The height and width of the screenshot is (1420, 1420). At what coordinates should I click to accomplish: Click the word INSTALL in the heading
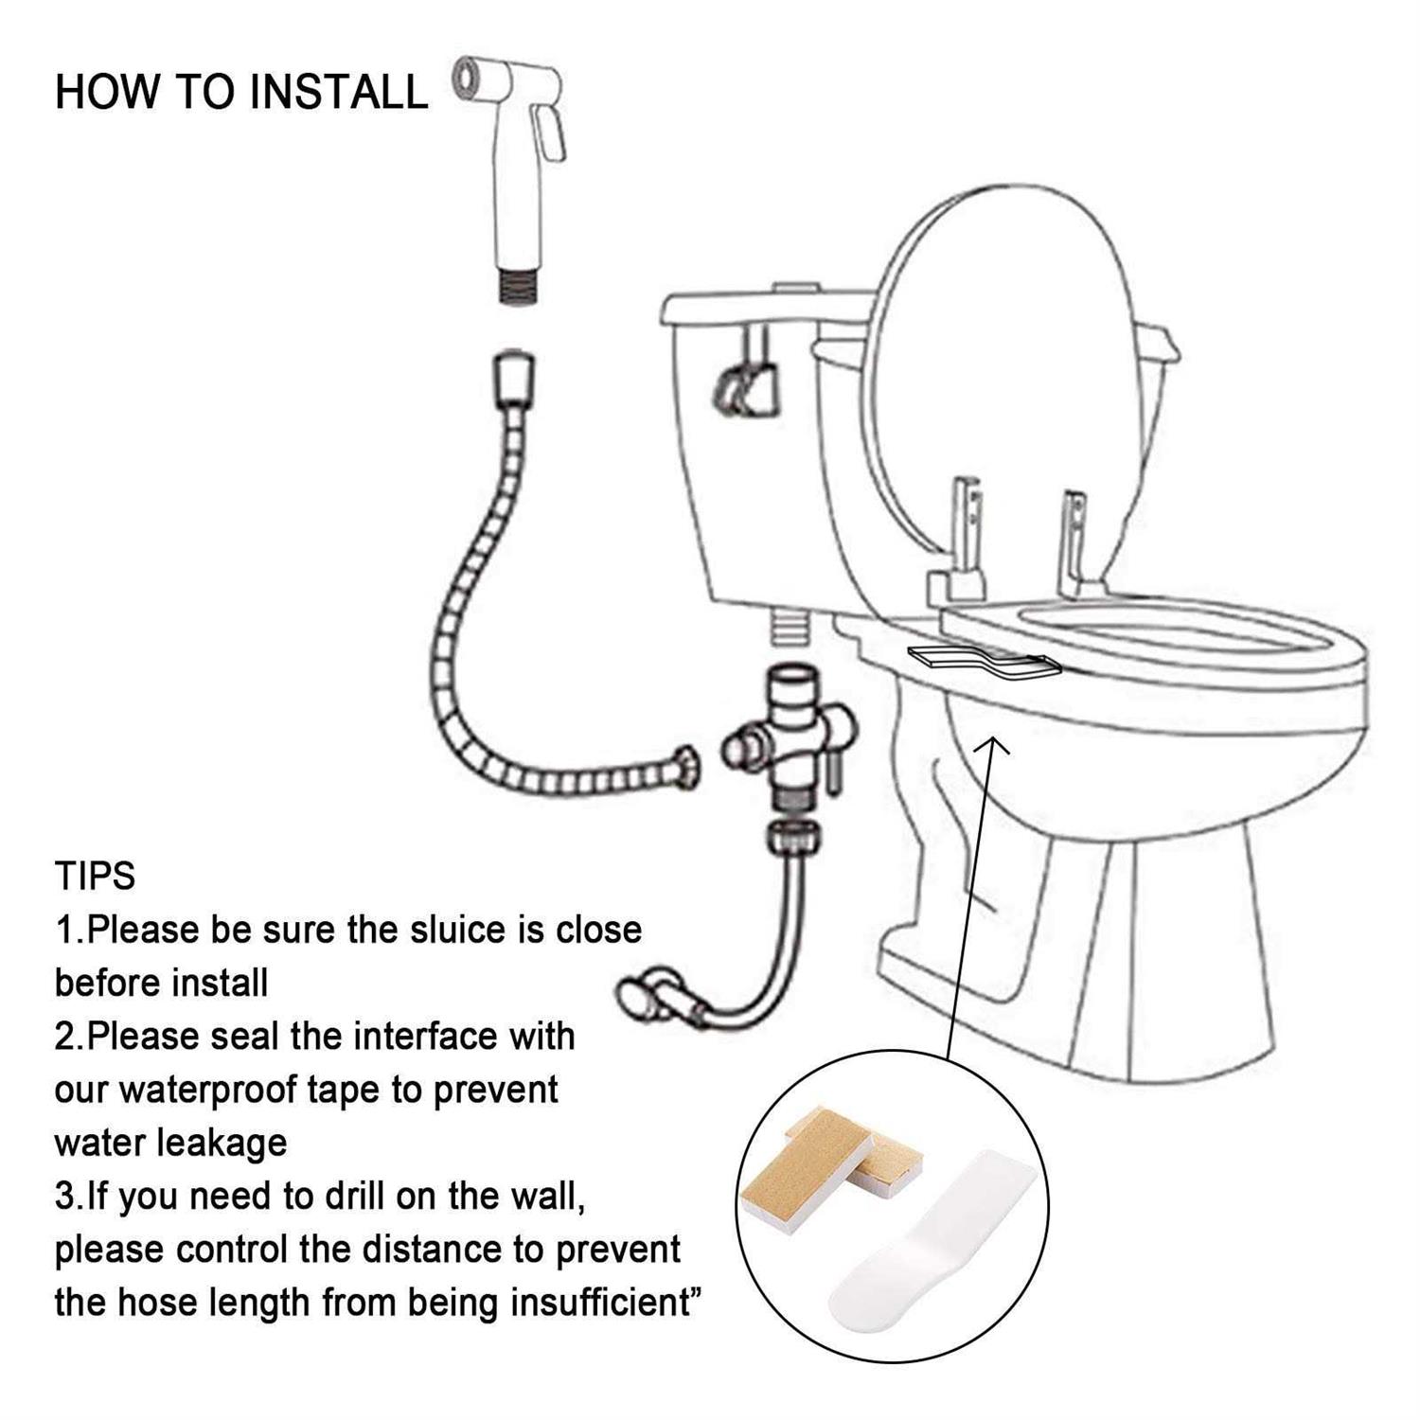339,93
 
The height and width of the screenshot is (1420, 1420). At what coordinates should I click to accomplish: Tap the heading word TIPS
95,877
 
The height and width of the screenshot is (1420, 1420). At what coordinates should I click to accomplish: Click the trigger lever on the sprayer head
551,133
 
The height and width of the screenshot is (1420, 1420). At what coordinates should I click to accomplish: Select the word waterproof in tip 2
208,1090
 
